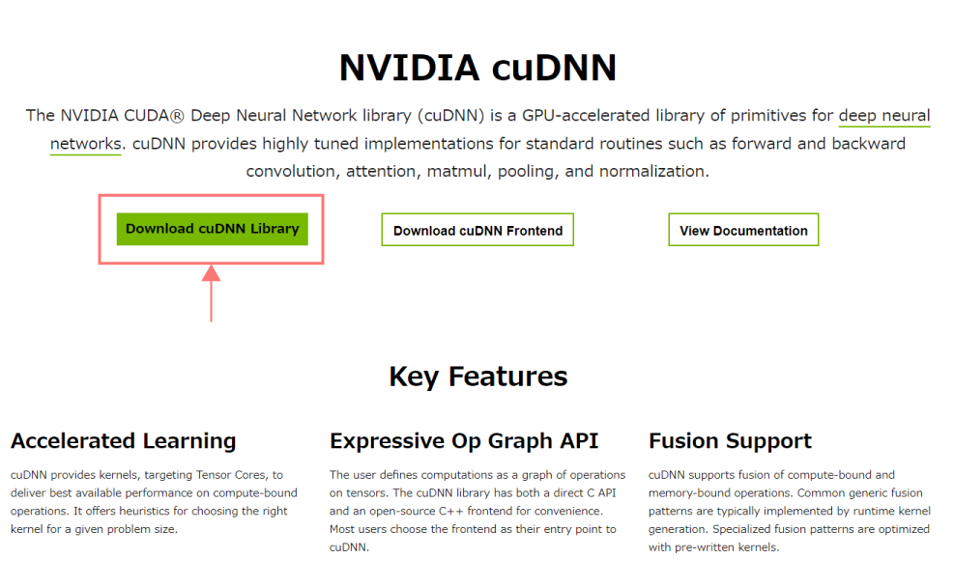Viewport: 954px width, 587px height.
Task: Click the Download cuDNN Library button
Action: (212, 230)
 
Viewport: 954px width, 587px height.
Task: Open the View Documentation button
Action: (743, 231)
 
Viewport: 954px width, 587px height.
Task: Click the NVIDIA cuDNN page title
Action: (477, 69)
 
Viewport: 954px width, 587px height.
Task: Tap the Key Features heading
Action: (477, 376)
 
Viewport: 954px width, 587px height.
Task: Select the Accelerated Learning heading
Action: (124, 441)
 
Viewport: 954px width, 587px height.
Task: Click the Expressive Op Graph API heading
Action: (464, 441)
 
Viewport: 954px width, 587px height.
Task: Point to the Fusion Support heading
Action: (730, 441)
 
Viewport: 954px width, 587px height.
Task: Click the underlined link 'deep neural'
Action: (883, 116)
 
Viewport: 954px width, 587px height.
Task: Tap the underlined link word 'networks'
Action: (85, 144)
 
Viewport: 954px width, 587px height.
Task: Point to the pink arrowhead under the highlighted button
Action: (212, 274)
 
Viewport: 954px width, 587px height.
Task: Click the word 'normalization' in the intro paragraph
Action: (653, 172)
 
